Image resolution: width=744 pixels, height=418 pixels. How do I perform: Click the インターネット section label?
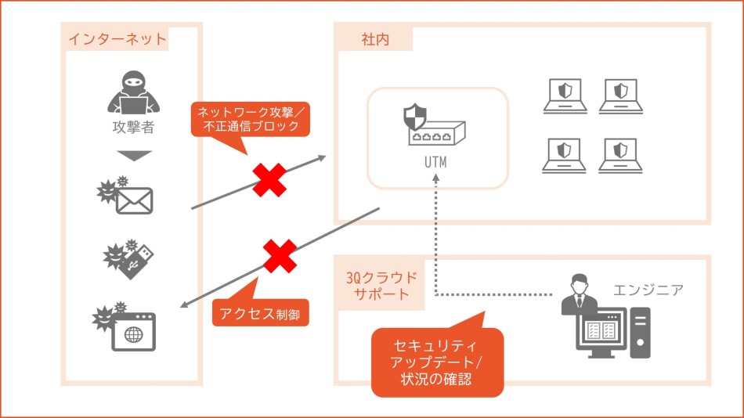click(x=117, y=38)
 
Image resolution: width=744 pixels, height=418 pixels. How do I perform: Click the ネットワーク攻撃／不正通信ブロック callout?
click(x=247, y=119)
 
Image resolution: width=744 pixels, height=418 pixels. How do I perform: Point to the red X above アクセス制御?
click(x=280, y=256)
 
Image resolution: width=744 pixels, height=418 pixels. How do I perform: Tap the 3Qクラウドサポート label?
click(x=381, y=286)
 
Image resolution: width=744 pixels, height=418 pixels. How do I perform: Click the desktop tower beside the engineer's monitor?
click(x=640, y=332)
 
